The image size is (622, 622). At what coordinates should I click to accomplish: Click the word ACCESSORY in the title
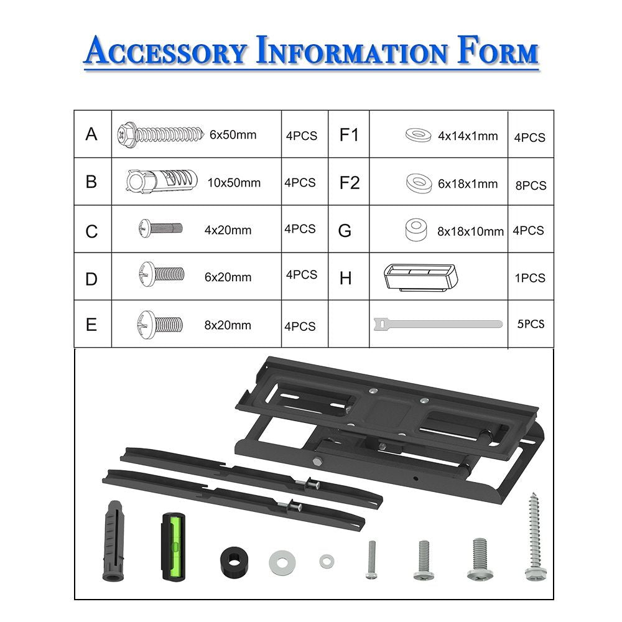tap(165, 50)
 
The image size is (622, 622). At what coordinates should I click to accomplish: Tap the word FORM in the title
tap(498, 50)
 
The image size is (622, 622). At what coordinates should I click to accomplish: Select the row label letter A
tap(91, 134)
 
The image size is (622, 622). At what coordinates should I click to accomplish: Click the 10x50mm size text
tap(234, 182)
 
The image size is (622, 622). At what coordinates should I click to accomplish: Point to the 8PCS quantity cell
tap(531, 185)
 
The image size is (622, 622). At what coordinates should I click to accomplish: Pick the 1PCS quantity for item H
tap(530, 277)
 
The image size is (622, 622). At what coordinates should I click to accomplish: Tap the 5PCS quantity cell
tap(531, 323)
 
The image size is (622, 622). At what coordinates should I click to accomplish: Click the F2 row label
tap(350, 182)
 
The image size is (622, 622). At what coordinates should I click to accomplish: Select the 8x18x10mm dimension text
tap(470, 231)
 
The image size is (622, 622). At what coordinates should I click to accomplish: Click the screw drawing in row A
tap(160, 134)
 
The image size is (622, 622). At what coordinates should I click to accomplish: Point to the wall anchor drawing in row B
tap(162, 182)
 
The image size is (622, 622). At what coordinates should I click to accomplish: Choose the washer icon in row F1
tap(419, 135)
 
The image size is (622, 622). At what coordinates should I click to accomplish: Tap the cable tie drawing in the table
tap(438, 323)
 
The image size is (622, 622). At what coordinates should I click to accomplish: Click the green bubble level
tap(173, 546)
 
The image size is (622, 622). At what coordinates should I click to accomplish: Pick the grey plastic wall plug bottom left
tap(114, 541)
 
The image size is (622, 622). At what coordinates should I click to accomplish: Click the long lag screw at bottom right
tap(535, 537)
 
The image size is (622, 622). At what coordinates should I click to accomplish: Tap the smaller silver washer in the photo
tap(327, 561)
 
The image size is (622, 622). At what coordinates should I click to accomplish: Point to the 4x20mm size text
tap(228, 230)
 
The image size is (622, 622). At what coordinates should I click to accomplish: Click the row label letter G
tap(345, 231)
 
